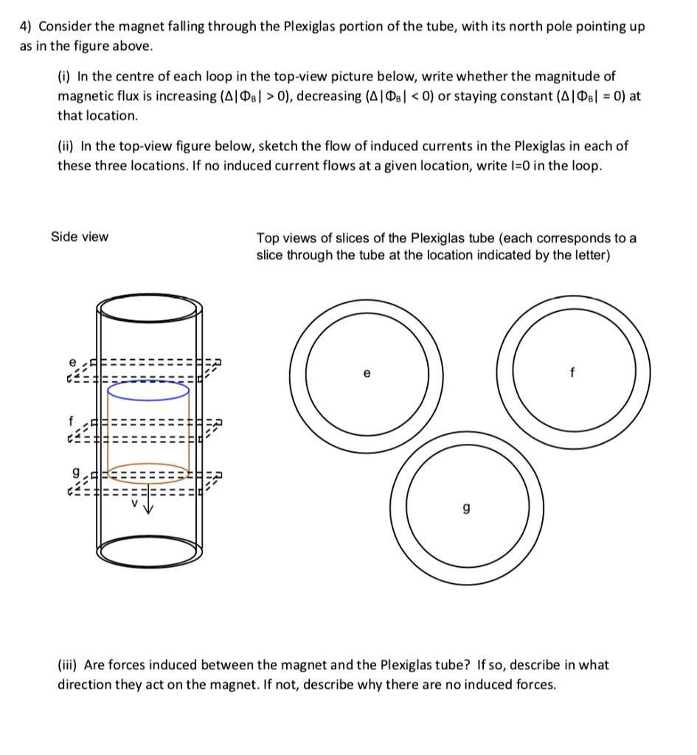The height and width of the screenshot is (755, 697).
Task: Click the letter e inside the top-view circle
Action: point(366,374)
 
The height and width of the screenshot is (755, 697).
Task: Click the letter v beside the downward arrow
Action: point(135,504)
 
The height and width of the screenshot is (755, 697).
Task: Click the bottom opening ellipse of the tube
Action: point(148,549)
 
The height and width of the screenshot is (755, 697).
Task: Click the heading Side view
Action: point(79,237)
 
